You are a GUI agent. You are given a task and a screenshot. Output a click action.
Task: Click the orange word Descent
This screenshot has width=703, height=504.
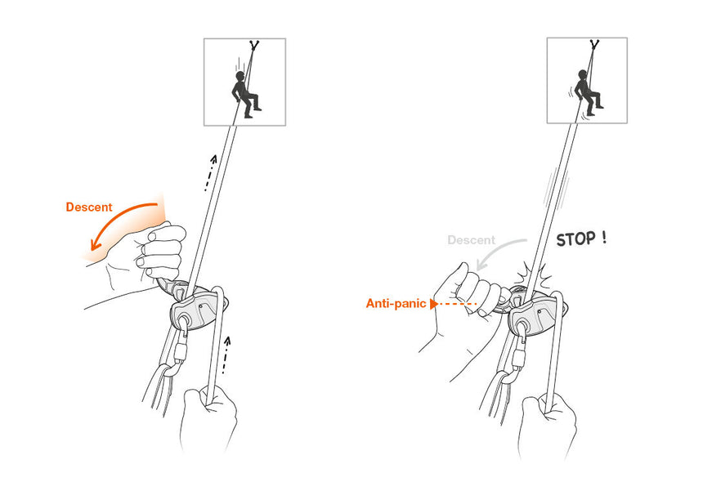(88, 207)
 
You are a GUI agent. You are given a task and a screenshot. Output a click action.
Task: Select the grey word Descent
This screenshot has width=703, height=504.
(471, 240)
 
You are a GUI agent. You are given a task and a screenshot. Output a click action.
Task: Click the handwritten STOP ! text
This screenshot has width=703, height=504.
(581, 239)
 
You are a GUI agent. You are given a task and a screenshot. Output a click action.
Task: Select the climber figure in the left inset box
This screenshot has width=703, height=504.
(244, 92)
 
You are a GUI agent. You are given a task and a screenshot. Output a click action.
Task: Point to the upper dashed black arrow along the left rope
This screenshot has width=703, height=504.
(211, 172)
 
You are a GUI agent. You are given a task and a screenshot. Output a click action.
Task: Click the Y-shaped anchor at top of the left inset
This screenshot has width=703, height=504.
(253, 46)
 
